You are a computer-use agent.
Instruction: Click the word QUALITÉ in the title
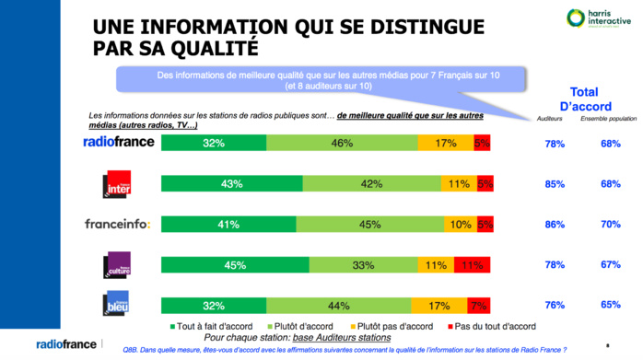[205, 46]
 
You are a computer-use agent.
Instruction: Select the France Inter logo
[117, 184]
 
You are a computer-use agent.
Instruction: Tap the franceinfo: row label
[117, 223]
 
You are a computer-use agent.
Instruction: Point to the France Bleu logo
[117, 303]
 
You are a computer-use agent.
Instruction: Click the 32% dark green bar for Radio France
[214, 143]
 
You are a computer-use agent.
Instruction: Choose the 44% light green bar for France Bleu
[338, 305]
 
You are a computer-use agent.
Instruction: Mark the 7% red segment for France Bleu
[479, 305]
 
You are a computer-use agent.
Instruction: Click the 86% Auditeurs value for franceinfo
[555, 223]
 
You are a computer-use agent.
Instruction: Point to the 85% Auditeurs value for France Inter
[555, 183]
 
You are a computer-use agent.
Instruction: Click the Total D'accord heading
[580, 99]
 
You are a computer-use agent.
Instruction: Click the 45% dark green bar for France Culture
[235, 265]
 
